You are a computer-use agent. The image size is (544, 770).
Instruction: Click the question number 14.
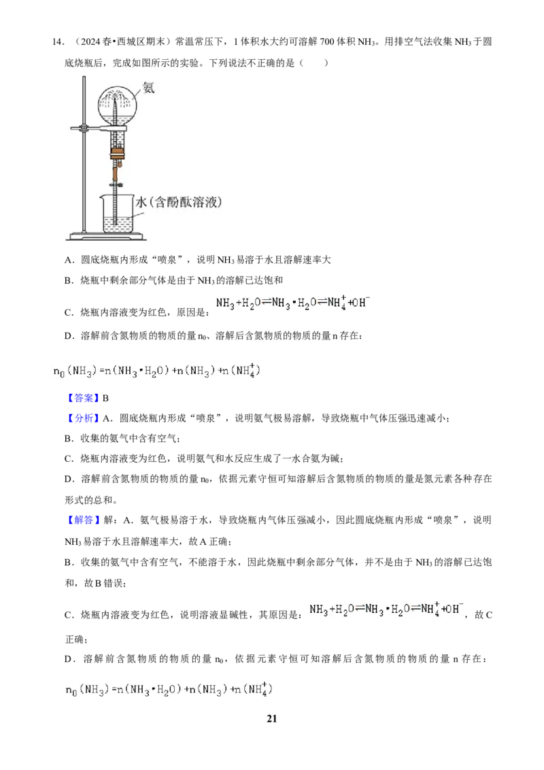[57, 41]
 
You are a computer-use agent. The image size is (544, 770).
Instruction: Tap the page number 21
[271, 718]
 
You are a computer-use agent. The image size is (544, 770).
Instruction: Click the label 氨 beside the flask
[148, 88]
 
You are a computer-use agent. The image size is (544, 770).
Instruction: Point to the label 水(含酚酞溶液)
[179, 202]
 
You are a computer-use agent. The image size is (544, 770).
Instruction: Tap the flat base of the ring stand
[106, 237]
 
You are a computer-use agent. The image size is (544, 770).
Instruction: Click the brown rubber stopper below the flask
[117, 152]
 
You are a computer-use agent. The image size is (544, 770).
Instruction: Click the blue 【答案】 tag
[83, 398]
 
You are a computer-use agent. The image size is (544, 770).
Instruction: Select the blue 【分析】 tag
[83, 418]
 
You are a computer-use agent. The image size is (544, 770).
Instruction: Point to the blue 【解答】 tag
[83, 520]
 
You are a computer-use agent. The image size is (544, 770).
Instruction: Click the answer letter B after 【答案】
[105, 398]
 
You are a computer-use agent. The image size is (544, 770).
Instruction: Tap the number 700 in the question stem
[327, 41]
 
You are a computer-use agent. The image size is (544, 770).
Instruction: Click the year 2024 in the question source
[91, 41]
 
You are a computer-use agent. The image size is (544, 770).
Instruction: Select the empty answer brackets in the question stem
[313, 63]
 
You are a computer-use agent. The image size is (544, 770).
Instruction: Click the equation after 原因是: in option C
[293, 303]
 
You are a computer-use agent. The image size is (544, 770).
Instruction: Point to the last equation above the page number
[169, 689]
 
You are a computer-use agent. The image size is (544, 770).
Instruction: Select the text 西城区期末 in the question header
[141, 41]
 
